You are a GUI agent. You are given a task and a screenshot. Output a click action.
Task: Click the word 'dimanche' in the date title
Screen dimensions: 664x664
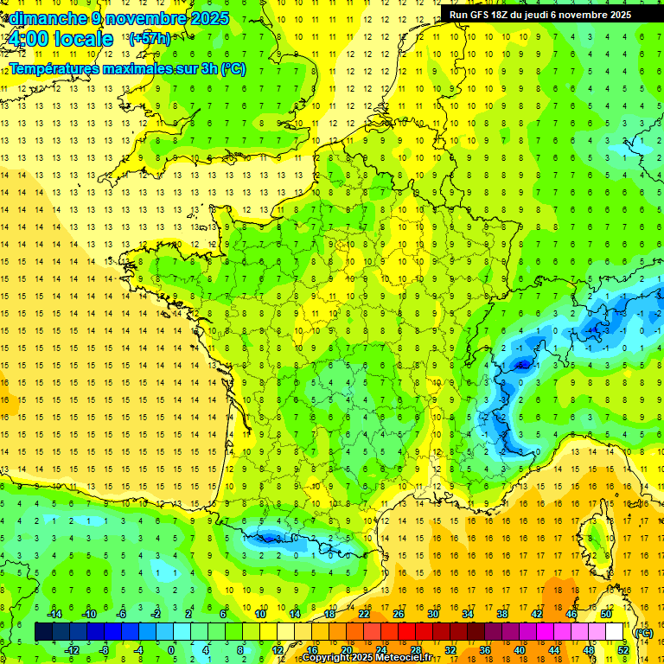point(43,18)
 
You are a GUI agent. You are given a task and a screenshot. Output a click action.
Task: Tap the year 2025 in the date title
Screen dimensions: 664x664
point(208,18)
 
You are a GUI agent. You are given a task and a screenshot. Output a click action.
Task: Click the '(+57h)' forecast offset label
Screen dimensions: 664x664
point(149,39)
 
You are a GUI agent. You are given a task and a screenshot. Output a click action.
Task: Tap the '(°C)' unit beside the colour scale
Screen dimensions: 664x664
point(642,633)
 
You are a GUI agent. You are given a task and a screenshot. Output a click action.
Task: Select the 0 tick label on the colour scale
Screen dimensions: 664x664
point(170,650)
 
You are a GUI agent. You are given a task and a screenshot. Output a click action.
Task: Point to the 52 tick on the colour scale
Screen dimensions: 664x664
point(623,650)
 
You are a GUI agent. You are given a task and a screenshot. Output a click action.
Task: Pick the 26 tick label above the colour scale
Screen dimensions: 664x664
point(399,614)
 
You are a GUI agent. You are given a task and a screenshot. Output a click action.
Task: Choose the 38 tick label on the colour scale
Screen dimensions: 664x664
point(502,614)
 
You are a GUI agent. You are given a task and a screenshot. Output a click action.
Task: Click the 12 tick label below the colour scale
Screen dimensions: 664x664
point(278,650)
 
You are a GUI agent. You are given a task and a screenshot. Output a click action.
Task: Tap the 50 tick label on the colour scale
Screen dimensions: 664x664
point(606,614)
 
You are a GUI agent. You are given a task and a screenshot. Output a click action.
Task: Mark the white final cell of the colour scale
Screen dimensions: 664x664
point(615,632)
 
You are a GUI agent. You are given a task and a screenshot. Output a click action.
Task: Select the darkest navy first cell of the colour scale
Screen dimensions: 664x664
point(43,632)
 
